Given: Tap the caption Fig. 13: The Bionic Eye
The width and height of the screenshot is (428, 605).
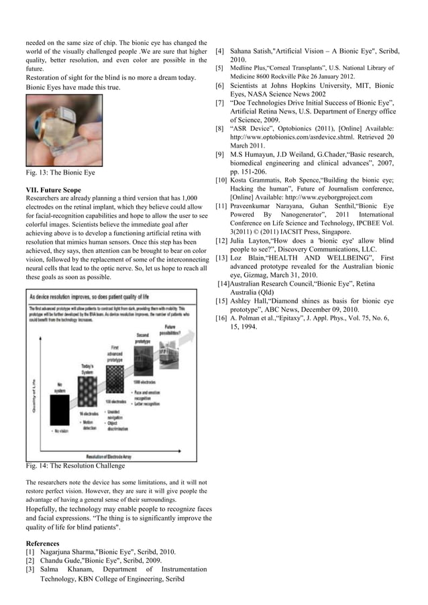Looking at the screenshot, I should [x=60, y=172].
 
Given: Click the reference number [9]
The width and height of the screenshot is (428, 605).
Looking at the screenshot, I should [x=219, y=154].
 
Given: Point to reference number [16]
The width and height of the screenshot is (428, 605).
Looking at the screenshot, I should [x=221, y=317].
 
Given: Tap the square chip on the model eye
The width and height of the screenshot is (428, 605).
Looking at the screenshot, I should [x=59, y=110].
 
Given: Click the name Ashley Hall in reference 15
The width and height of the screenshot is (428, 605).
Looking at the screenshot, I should [x=250, y=301].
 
